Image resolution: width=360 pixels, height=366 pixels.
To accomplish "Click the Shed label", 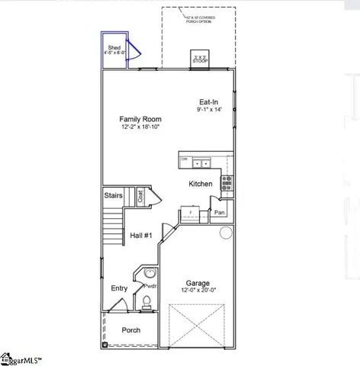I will tap(114, 47).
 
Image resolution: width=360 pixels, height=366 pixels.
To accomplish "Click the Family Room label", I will tap(139, 119).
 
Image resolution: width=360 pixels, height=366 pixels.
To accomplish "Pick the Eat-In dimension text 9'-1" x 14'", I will tap(211, 111).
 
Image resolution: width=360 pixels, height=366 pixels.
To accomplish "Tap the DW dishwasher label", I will tap(184, 159).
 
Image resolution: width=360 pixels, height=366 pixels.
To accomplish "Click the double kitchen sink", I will tap(202, 162).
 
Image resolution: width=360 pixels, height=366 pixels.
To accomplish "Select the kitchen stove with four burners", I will tap(227, 182).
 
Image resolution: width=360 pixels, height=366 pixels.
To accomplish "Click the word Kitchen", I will tap(201, 185).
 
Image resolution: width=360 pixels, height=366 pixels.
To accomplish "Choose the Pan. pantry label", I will tap(220, 213).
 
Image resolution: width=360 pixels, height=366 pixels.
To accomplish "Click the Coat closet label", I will tap(140, 196).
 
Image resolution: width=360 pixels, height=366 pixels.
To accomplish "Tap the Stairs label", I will tap(114, 195).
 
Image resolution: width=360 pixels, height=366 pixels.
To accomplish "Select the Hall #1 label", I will tap(140, 236).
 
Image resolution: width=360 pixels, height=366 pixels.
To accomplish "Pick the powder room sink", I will tap(149, 273).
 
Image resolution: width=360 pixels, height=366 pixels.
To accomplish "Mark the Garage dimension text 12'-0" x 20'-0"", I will tap(200, 290).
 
